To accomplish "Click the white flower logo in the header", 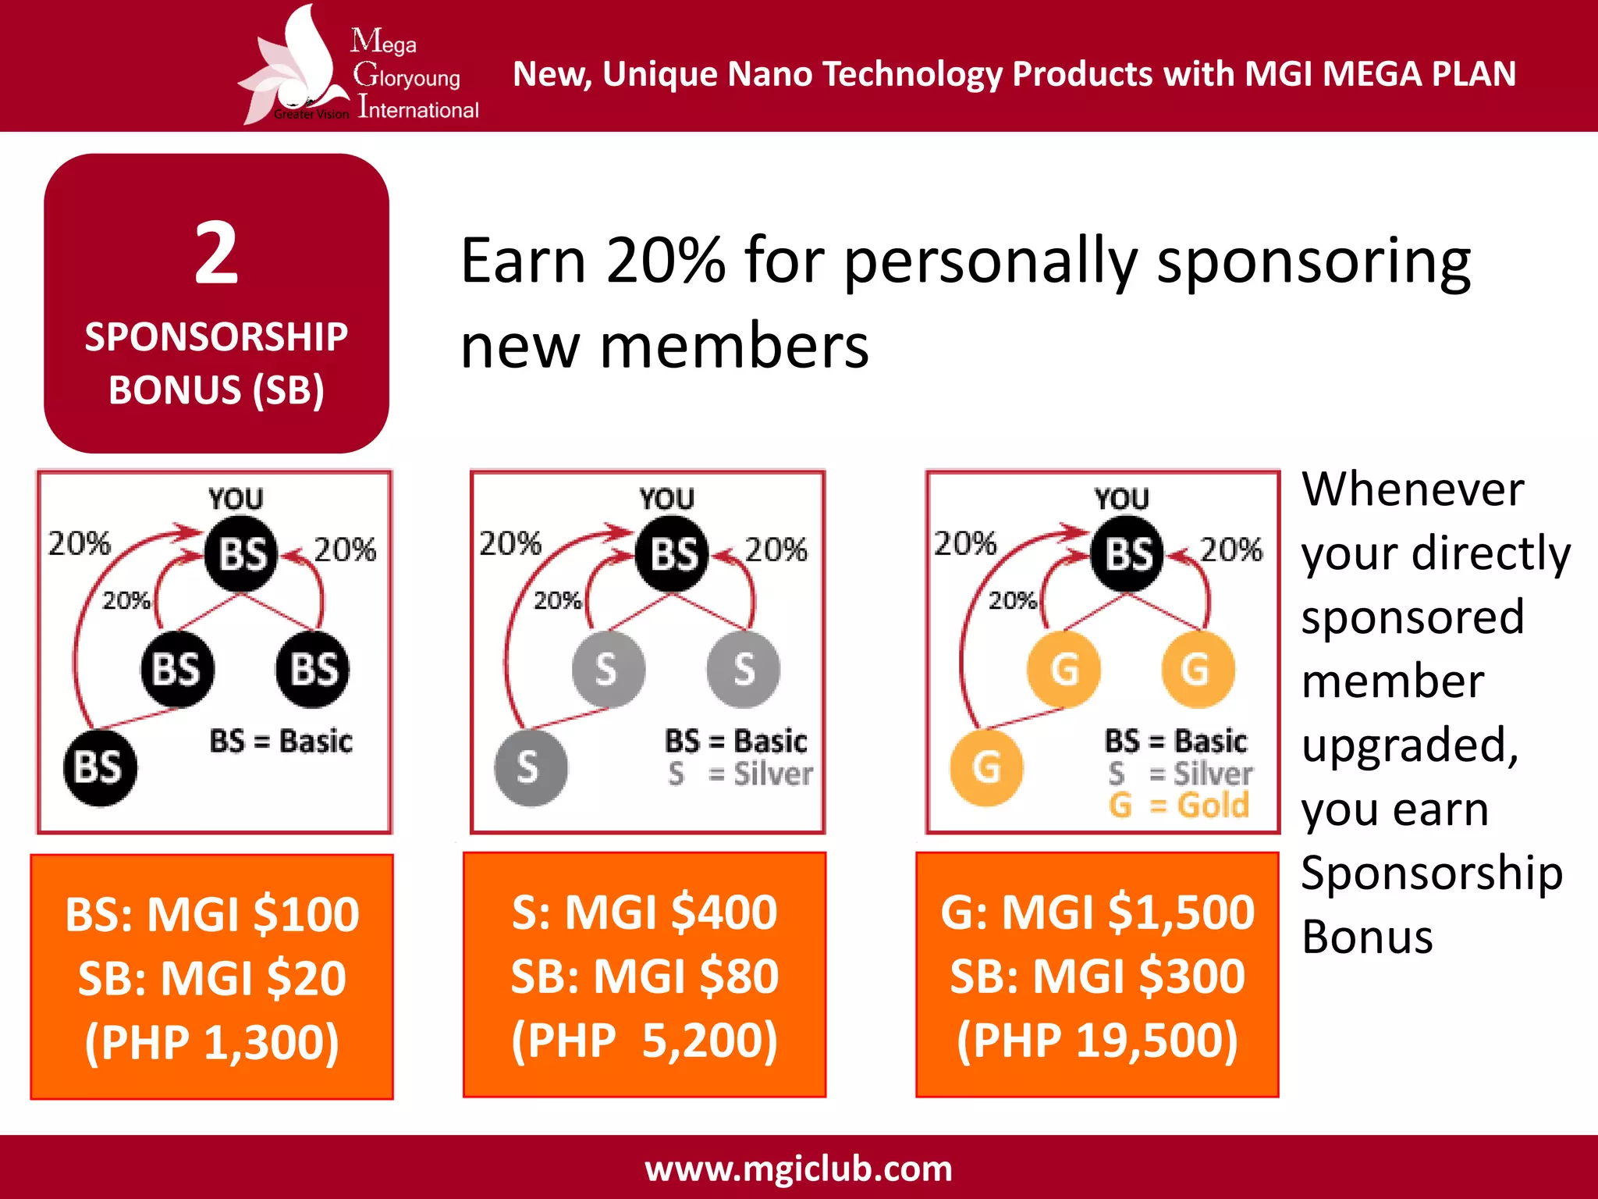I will tap(297, 66).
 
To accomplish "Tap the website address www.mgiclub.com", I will tap(798, 1169).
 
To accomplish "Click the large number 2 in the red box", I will tap(216, 253).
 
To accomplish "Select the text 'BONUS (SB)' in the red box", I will tap(216, 390).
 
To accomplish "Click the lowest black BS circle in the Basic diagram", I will tap(100, 767).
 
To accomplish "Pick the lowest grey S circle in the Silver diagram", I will tap(530, 767).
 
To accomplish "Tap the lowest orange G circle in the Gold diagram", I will tap(986, 767).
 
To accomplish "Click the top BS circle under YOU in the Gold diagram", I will tap(1127, 554).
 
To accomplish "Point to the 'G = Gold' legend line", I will tap(1178, 805).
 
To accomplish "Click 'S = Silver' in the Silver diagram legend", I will tap(740, 774).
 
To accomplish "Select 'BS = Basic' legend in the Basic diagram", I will tap(281, 741).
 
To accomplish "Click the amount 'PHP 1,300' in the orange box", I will tap(212, 1041).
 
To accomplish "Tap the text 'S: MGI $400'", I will tap(645, 912).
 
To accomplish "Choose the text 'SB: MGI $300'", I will tap(1097, 976).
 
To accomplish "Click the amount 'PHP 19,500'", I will tap(1097, 1040).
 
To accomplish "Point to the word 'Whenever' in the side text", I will tap(1412, 489).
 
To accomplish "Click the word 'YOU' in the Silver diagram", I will tap(667, 499).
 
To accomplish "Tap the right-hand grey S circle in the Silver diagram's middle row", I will tap(743, 669).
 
